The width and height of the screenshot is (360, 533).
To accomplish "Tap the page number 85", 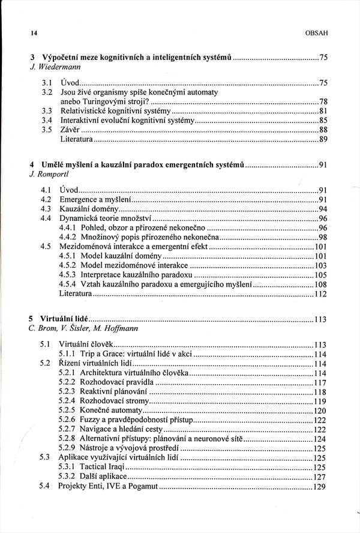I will click(x=323, y=120).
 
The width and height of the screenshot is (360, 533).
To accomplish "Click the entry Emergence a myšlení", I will click(x=95, y=199).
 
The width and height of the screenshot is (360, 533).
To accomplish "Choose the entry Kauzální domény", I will click(x=88, y=208).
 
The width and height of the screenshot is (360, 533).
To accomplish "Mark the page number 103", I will click(x=320, y=265).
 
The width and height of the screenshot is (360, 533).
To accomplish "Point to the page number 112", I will click(x=320, y=294).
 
